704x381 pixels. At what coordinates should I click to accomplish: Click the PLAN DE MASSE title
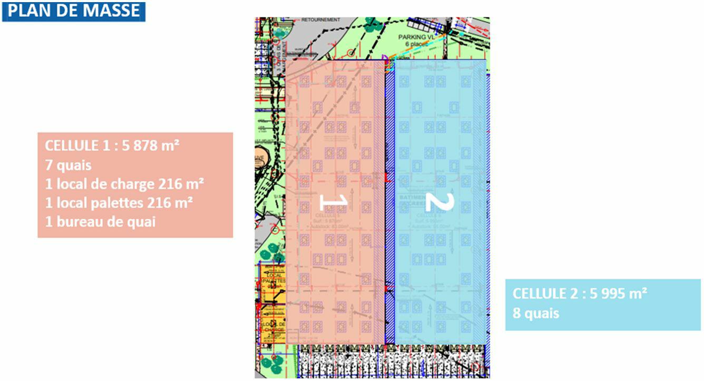(73, 11)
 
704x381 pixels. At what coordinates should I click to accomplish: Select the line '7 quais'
(68, 165)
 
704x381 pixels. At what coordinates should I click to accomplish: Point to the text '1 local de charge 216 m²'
(124, 184)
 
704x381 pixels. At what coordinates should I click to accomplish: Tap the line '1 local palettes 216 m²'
(119, 203)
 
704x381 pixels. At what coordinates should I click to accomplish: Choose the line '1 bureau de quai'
(100, 222)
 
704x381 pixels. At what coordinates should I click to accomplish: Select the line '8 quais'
(535, 313)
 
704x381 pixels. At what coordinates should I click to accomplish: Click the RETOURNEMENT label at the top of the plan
(321, 20)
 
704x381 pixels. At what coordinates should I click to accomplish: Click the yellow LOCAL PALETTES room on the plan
(273, 279)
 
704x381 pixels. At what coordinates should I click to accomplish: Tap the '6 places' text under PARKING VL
(418, 44)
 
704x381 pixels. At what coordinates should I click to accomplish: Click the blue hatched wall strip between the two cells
(390, 211)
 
